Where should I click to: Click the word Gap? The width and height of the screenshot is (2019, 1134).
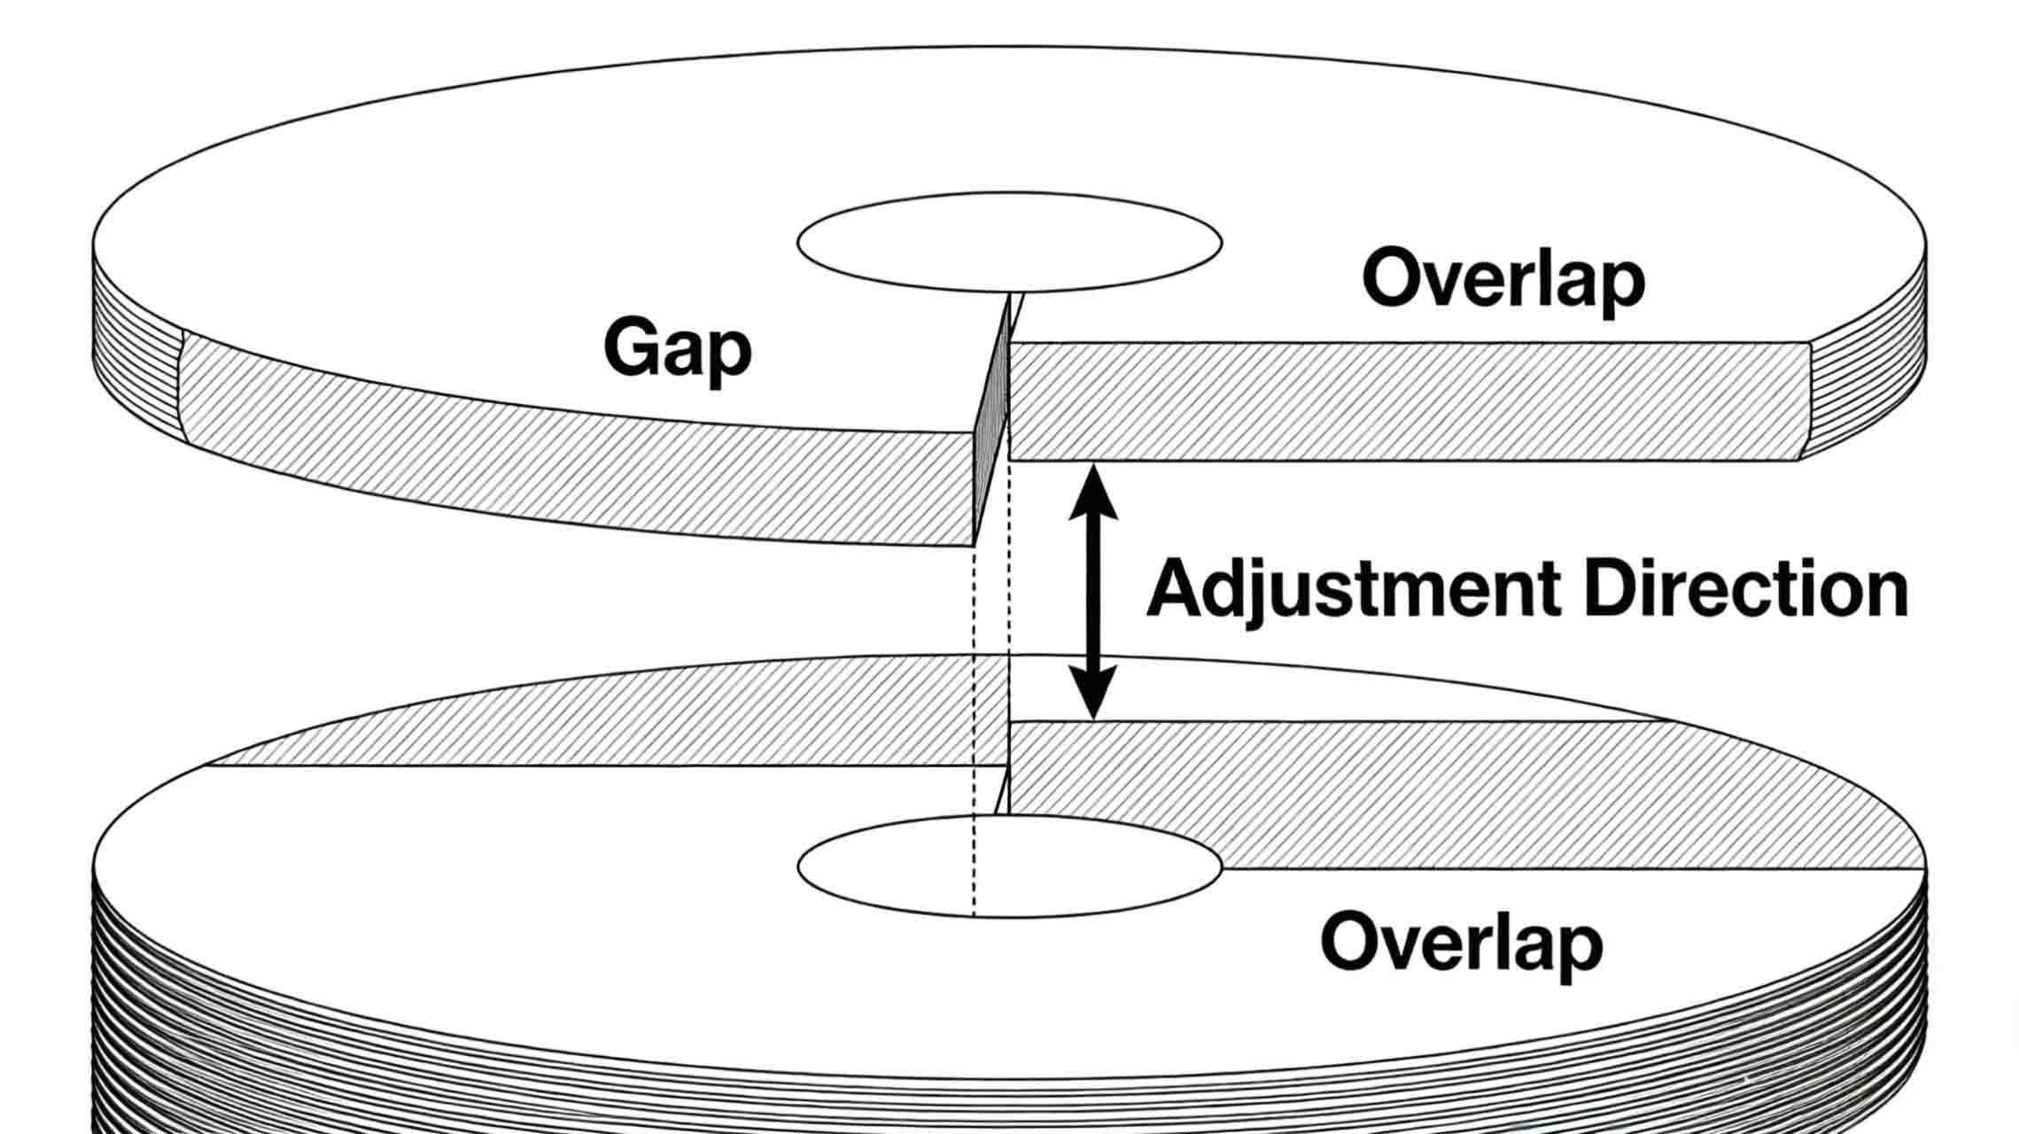pos(677,350)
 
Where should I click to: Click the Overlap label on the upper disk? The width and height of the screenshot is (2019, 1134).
pos(1503,279)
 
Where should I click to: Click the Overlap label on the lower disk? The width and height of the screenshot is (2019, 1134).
pos(1461,943)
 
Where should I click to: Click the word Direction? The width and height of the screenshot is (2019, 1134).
pos(1744,589)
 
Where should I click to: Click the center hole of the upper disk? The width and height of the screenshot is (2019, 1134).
pos(1009,242)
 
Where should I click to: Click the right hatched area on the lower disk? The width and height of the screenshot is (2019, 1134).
pos(1462,793)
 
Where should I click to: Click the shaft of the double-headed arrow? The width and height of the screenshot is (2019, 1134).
pos(1093,594)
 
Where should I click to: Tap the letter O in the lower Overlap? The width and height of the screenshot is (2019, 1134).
pos(1348,943)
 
